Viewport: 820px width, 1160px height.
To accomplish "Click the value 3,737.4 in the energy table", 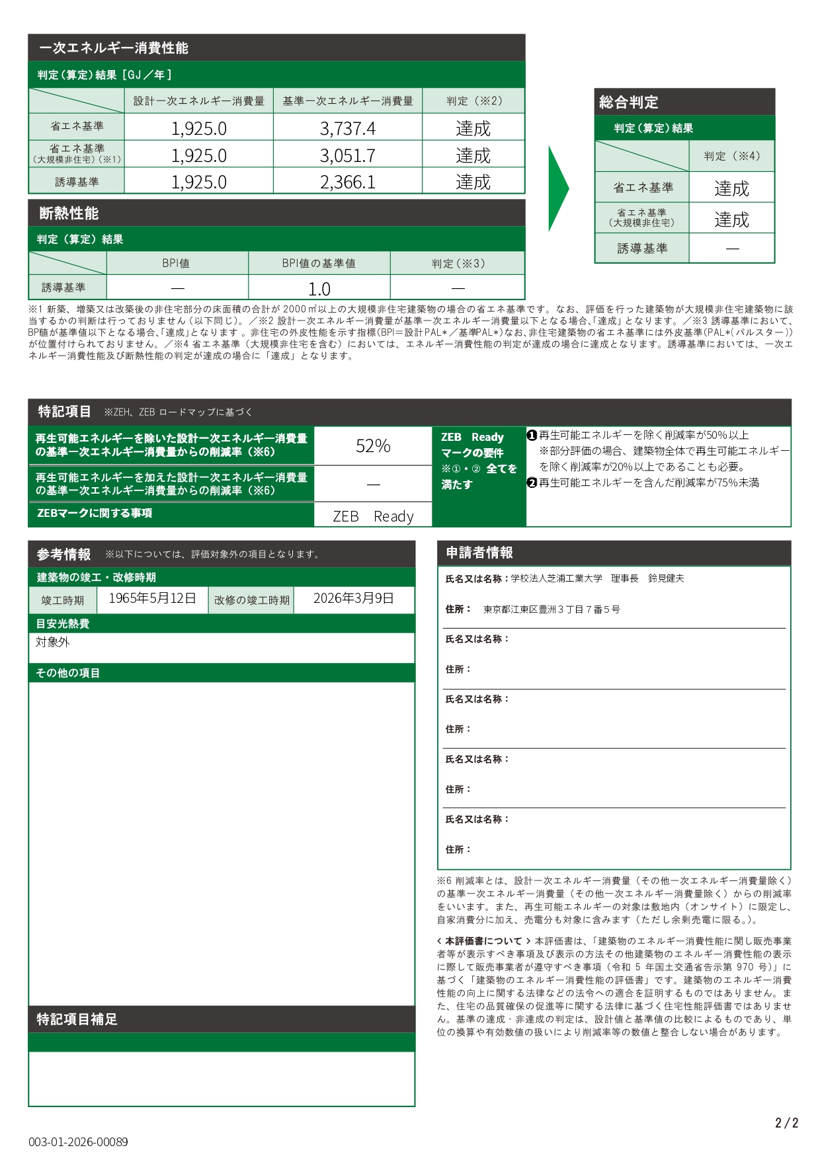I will pyautogui.click(x=347, y=128).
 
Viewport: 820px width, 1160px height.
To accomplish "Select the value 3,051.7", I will pyautogui.click(x=347, y=155).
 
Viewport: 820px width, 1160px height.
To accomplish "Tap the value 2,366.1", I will pyautogui.click(x=347, y=182).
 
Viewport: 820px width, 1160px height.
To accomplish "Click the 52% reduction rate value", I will pyautogui.click(x=373, y=446).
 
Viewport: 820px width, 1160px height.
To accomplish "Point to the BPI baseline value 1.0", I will pyautogui.click(x=319, y=289).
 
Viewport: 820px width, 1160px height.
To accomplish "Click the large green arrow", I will pyautogui.click(x=557, y=188).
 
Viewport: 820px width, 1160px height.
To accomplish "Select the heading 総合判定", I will pyautogui.click(x=628, y=102).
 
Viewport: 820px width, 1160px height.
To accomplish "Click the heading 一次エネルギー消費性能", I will pyautogui.click(x=113, y=48).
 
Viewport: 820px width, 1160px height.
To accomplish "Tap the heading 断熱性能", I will pyautogui.click(x=69, y=213).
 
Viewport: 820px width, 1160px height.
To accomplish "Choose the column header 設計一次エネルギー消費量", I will pyautogui.click(x=198, y=101).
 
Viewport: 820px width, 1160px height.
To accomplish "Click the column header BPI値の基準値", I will pyautogui.click(x=319, y=263).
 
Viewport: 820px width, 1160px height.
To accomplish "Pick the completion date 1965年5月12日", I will pyautogui.click(x=152, y=598).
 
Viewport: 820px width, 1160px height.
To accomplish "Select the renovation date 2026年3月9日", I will pyautogui.click(x=353, y=598).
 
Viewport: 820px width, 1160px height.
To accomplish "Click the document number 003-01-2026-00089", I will pyautogui.click(x=78, y=1141).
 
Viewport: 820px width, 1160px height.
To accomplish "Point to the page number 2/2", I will pyautogui.click(x=786, y=1123).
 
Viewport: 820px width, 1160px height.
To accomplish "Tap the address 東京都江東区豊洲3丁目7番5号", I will pyautogui.click(x=552, y=609).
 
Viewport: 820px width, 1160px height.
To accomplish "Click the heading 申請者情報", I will pyautogui.click(x=479, y=553).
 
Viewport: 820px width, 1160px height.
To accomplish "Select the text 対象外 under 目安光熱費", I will pyautogui.click(x=52, y=642).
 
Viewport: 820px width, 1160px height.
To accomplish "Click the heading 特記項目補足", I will pyautogui.click(x=77, y=1019).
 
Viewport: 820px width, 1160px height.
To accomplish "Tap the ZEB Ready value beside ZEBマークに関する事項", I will pyautogui.click(x=373, y=516).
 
